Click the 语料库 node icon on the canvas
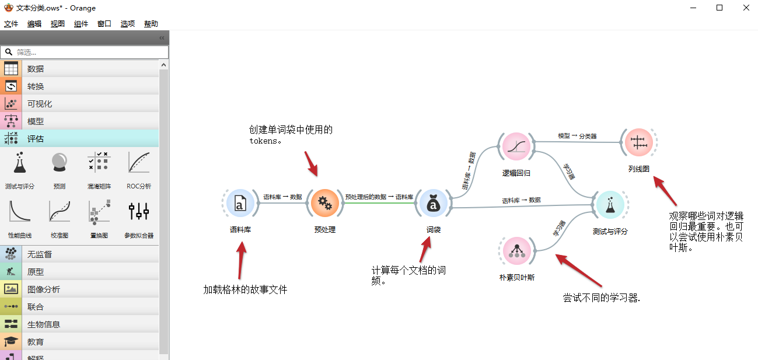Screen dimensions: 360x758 [239, 203]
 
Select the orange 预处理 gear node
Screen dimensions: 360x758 [324, 203]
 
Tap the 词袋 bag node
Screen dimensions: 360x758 [433, 203]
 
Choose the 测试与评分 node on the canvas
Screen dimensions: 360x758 [610, 205]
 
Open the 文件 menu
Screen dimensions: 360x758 [11, 24]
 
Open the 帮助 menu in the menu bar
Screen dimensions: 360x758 [151, 24]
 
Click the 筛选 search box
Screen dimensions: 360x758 [85, 52]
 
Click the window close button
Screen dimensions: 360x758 [746, 8]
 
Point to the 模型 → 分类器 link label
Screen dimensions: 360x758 [577, 136]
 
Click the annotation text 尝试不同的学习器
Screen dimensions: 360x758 [602, 298]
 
